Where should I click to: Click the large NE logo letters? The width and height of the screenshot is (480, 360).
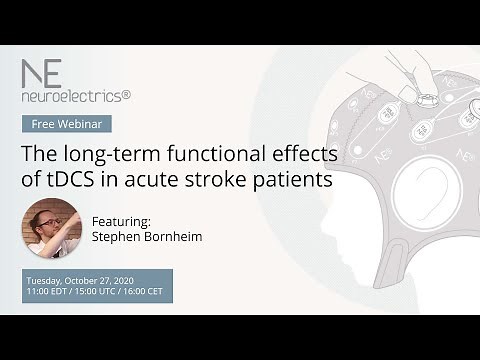coord(42,73)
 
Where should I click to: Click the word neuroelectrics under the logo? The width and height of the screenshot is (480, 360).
coord(74,96)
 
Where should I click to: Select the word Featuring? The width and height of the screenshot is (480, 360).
coord(120,220)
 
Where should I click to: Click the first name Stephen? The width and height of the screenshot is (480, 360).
coord(118,239)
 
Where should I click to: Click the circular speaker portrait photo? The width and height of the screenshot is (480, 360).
coord(51,228)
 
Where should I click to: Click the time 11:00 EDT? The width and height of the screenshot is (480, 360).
coord(51,291)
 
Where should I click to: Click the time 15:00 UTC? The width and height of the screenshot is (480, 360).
coord(98,291)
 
